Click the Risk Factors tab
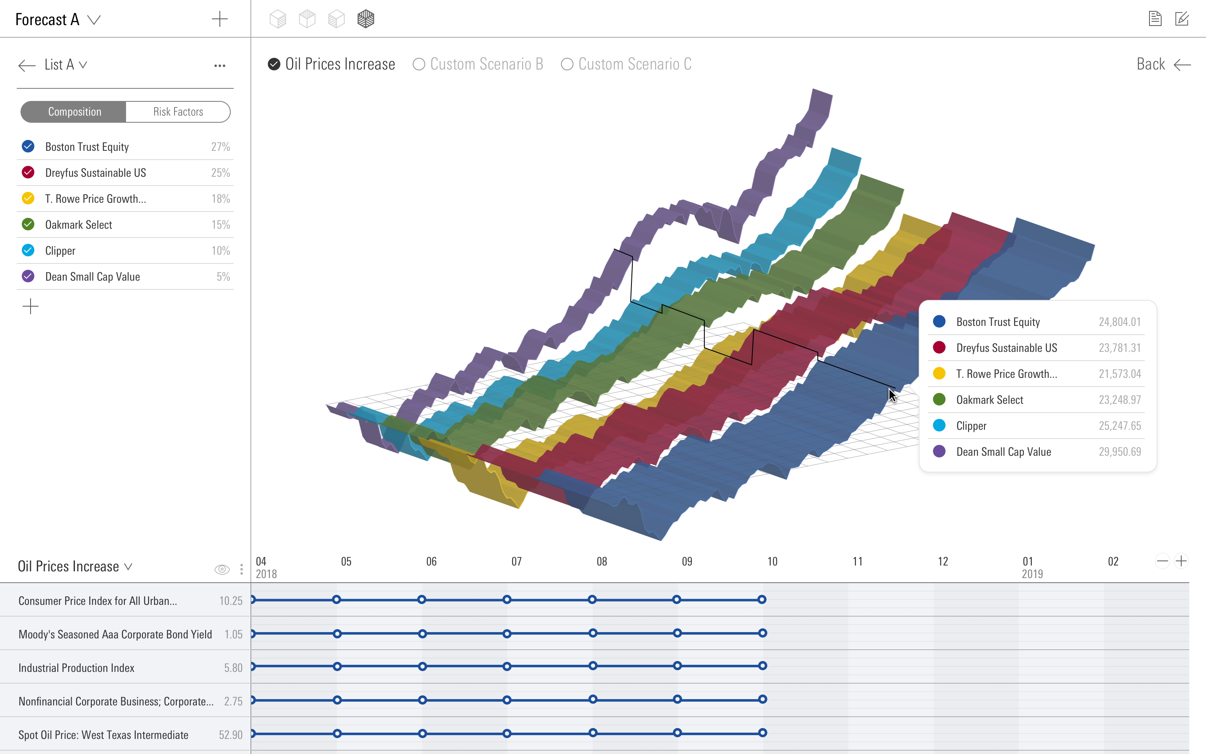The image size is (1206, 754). tap(178, 112)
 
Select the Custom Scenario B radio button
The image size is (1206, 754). tap(419, 65)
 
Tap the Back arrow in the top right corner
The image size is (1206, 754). tap(1182, 65)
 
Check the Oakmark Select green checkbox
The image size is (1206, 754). tap(28, 225)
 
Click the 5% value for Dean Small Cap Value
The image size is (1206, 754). tap(223, 277)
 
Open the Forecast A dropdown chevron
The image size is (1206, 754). tap(94, 20)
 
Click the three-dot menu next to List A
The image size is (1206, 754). tap(220, 66)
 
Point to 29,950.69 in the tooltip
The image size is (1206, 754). tap(1119, 452)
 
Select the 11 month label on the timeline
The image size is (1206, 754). tap(857, 561)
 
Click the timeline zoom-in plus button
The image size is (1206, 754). tap(1180, 561)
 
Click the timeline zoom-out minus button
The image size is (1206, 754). tap(1162, 561)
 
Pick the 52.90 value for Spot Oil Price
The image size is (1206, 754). tap(230, 735)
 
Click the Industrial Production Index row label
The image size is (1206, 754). tap(76, 668)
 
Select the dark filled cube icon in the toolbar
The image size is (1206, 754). tap(366, 19)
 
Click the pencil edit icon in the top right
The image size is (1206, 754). tap(1182, 19)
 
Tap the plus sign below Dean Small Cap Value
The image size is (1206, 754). tap(31, 306)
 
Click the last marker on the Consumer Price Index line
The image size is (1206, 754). tap(761, 599)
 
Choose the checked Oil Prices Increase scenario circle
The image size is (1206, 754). tap(274, 65)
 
